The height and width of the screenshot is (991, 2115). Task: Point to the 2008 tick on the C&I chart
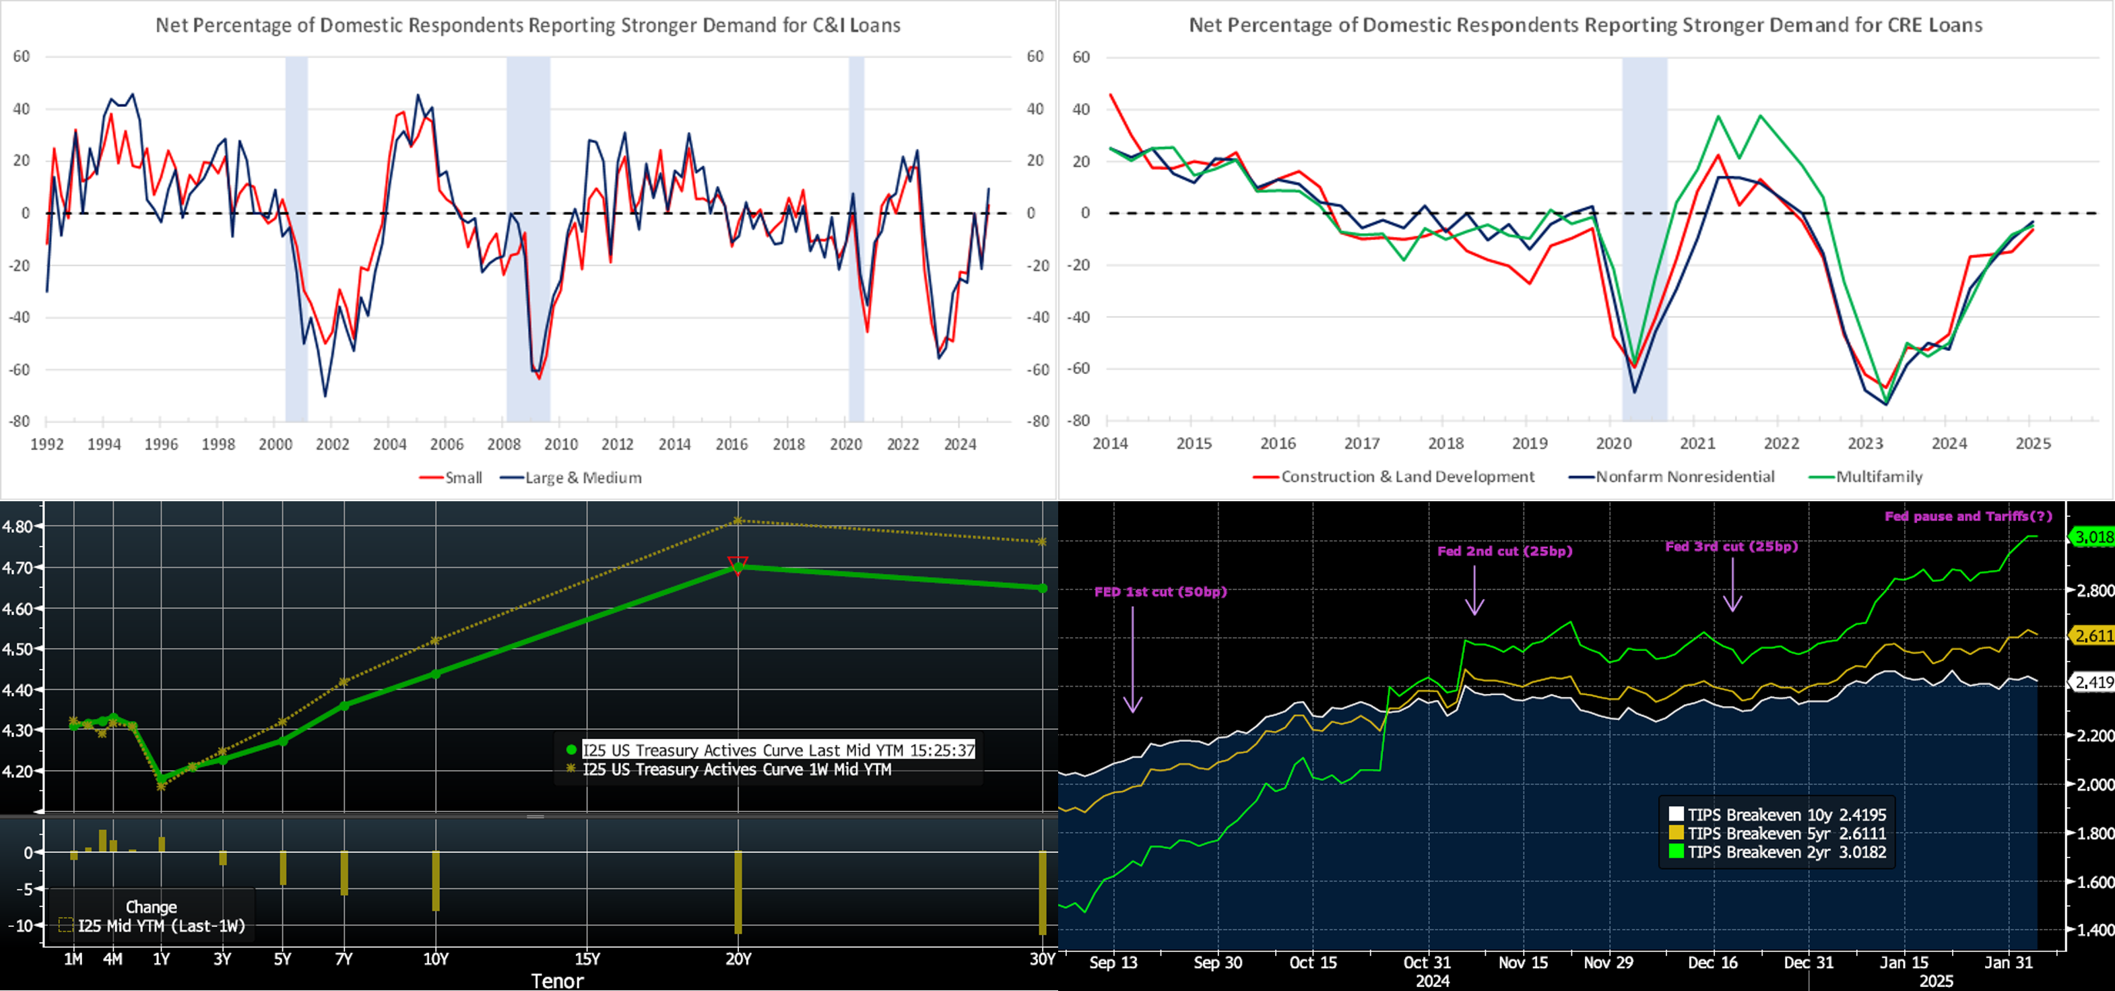point(503,444)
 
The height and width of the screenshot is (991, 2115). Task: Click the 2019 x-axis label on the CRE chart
point(1530,443)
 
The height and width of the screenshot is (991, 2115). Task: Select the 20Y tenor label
point(738,959)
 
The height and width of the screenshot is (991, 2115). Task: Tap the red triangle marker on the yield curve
point(738,564)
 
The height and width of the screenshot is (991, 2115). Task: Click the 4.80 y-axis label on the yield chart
point(18,526)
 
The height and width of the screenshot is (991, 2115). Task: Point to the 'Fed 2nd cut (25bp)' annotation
point(1504,551)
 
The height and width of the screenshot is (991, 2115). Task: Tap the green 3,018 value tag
point(2092,538)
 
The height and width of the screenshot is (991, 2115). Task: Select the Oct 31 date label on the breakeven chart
point(1427,962)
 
